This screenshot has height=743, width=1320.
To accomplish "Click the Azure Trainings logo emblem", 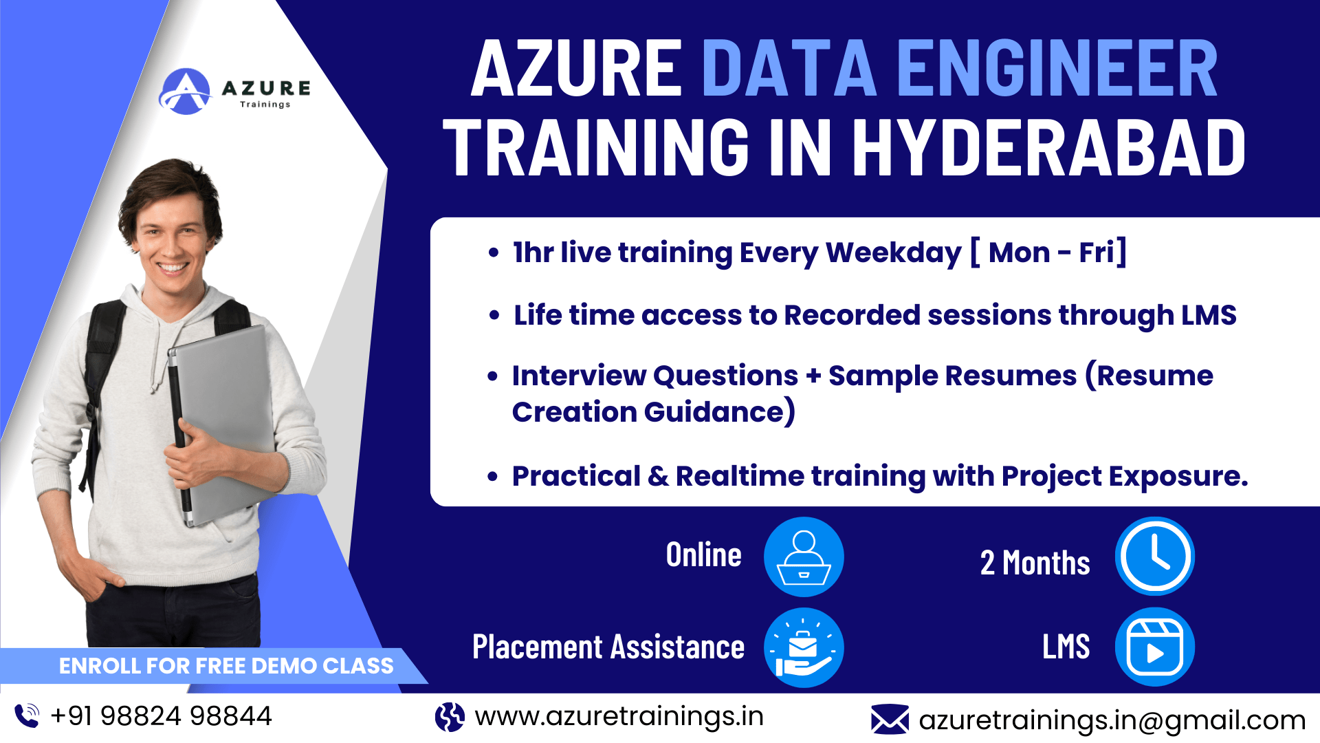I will pyautogui.click(x=185, y=91).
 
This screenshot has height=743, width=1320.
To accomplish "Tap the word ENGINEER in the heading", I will pyautogui.click(x=1057, y=69).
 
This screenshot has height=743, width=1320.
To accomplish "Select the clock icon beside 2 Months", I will pyautogui.click(x=1154, y=556).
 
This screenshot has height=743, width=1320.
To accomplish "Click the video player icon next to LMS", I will pyautogui.click(x=1154, y=647).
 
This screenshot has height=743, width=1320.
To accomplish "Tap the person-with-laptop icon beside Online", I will pyautogui.click(x=803, y=556).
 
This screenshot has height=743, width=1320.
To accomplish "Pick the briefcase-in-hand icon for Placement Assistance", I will pyautogui.click(x=803, y=647).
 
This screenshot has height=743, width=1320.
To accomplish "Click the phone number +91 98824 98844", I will pyautogui.click(x=162, y=716).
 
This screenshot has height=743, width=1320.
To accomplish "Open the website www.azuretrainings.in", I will pyautogui.click(x=619, y=716).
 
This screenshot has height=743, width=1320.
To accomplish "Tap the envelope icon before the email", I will pyautogui.click(x=890, y=720).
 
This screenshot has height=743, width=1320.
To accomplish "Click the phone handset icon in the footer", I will pyautogui.click(x=27, y=715).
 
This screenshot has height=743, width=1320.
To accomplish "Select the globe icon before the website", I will pyautogui.click(x=450, y=717).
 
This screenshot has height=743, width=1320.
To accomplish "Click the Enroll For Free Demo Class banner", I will pyautogui.click(x=225, y=666).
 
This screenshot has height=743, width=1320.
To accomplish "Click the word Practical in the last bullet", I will pyautogui.click(x=576, y=476).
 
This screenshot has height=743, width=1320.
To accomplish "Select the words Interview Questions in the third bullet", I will pyautogui.click(x=654, y=376).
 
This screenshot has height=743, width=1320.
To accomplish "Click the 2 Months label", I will pyautogui.click(x=1035, y=563).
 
